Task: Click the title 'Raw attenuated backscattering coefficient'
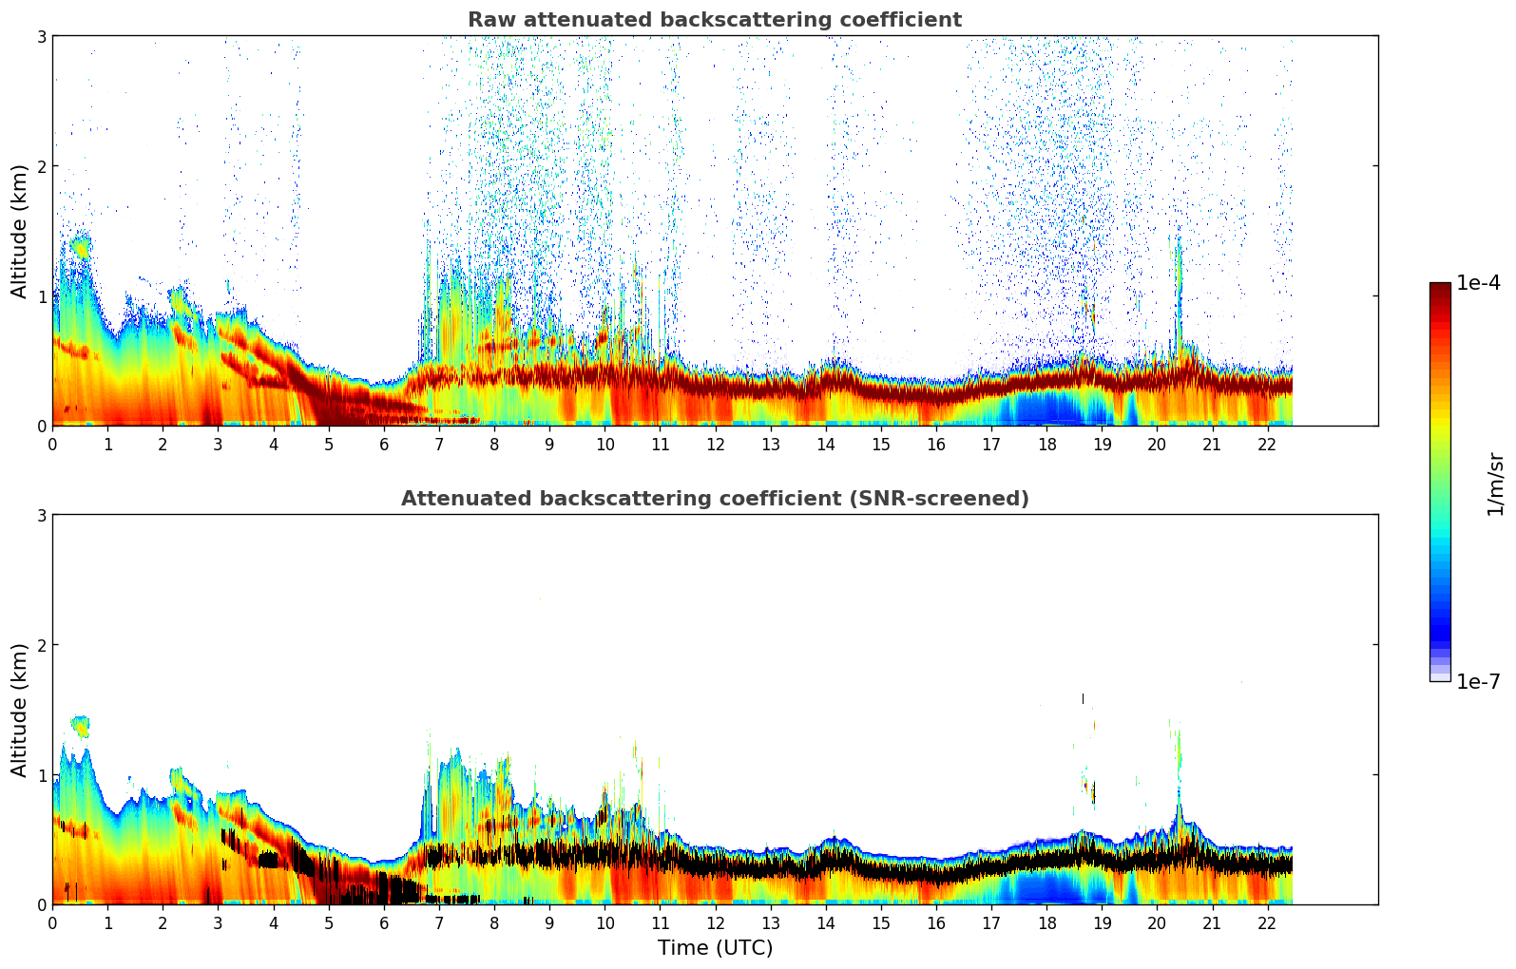point(714,20)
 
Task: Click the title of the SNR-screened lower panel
point(714,499)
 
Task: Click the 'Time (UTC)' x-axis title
point(715,948)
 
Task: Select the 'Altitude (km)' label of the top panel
point(20,231)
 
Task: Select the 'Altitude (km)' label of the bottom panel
point(20,710)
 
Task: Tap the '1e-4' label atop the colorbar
point(1478,283)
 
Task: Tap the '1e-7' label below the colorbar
point(1478,681)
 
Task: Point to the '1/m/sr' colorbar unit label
point(1495,484)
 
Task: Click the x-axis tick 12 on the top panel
point(715,444)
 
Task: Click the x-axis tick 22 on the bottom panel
point(1267,922)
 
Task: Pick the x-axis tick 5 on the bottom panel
point(329,922)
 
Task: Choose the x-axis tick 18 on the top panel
point(1046,444)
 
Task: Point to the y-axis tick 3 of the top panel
point(42,36)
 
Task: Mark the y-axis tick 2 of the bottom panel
point(42,645)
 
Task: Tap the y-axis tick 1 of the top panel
point(42,296)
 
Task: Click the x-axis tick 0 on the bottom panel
point(52,922)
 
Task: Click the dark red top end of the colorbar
point(1439,287)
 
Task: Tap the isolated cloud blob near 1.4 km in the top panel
point(80,248)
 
